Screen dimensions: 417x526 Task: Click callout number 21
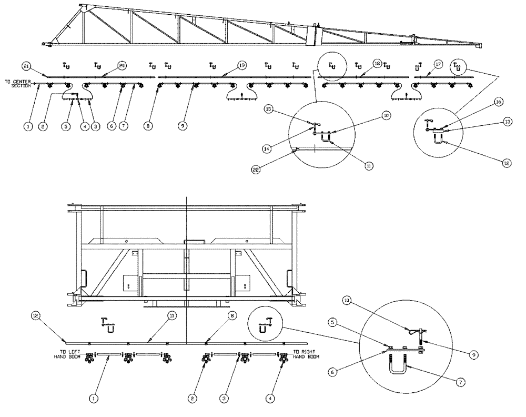coord(26,66)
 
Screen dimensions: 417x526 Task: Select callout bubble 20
coord(122,66)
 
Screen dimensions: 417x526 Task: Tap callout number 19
coord(241,65)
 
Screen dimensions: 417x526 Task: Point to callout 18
coord(377,63)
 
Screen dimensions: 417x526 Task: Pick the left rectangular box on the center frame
coord(129,283)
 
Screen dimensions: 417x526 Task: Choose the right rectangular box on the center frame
coord(243,283)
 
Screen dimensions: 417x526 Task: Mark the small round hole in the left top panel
coord(127,242)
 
